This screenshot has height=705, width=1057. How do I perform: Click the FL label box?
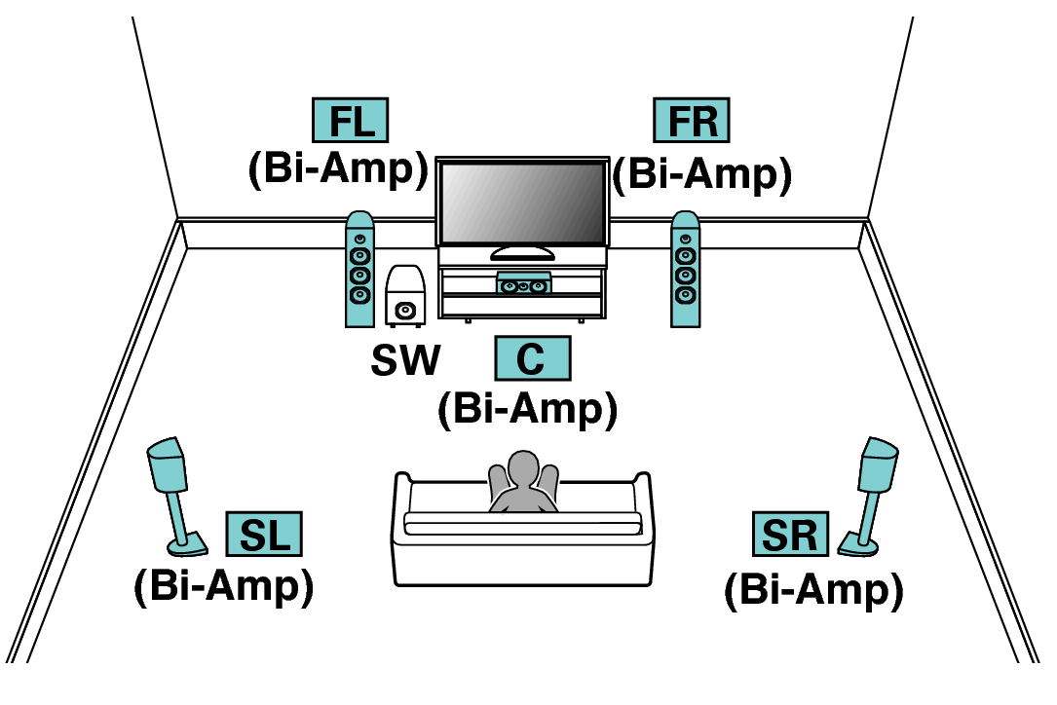350,121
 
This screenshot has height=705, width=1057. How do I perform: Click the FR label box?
692,121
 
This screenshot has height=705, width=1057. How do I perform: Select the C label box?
532,358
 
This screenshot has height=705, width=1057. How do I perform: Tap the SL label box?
264,535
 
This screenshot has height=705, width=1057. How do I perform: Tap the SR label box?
790,535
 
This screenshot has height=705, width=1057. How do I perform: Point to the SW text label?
405,360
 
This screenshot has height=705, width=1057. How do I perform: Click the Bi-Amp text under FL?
338,169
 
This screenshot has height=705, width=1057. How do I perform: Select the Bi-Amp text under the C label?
527,408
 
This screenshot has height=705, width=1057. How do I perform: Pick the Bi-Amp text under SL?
223,586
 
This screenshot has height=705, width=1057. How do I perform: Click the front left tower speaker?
359,270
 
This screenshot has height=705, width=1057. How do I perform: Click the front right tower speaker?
685,270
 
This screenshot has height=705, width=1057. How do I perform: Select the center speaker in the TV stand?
523,285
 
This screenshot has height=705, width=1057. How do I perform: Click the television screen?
521,203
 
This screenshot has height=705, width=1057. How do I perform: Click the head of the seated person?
524,467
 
